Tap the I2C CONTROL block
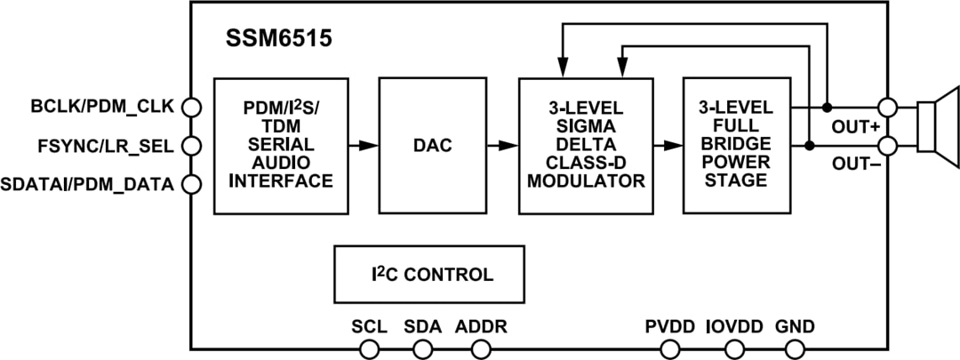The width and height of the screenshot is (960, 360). (x=428, y=275)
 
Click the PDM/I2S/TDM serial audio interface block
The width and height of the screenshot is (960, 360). (x=280, y=146)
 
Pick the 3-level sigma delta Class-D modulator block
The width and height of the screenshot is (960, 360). (x=587, y=146)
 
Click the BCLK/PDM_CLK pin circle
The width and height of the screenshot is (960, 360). (x=190, y=108)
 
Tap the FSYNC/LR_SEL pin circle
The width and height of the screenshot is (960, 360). (x=190, y=146)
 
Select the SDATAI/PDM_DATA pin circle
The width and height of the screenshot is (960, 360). (x=190, y=184)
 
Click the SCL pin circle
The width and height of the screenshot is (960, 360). (x=369, y=349)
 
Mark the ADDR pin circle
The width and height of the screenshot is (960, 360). (x=481, y=349)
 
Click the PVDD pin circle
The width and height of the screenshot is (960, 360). (x=669, y=349)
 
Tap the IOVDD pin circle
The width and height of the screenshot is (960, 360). (x=734, y=349)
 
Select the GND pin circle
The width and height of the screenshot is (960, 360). (x=795, y=349)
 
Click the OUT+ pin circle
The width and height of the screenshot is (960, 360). (x=887, y=108)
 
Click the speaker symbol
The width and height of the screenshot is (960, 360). (x=937, y=126)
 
